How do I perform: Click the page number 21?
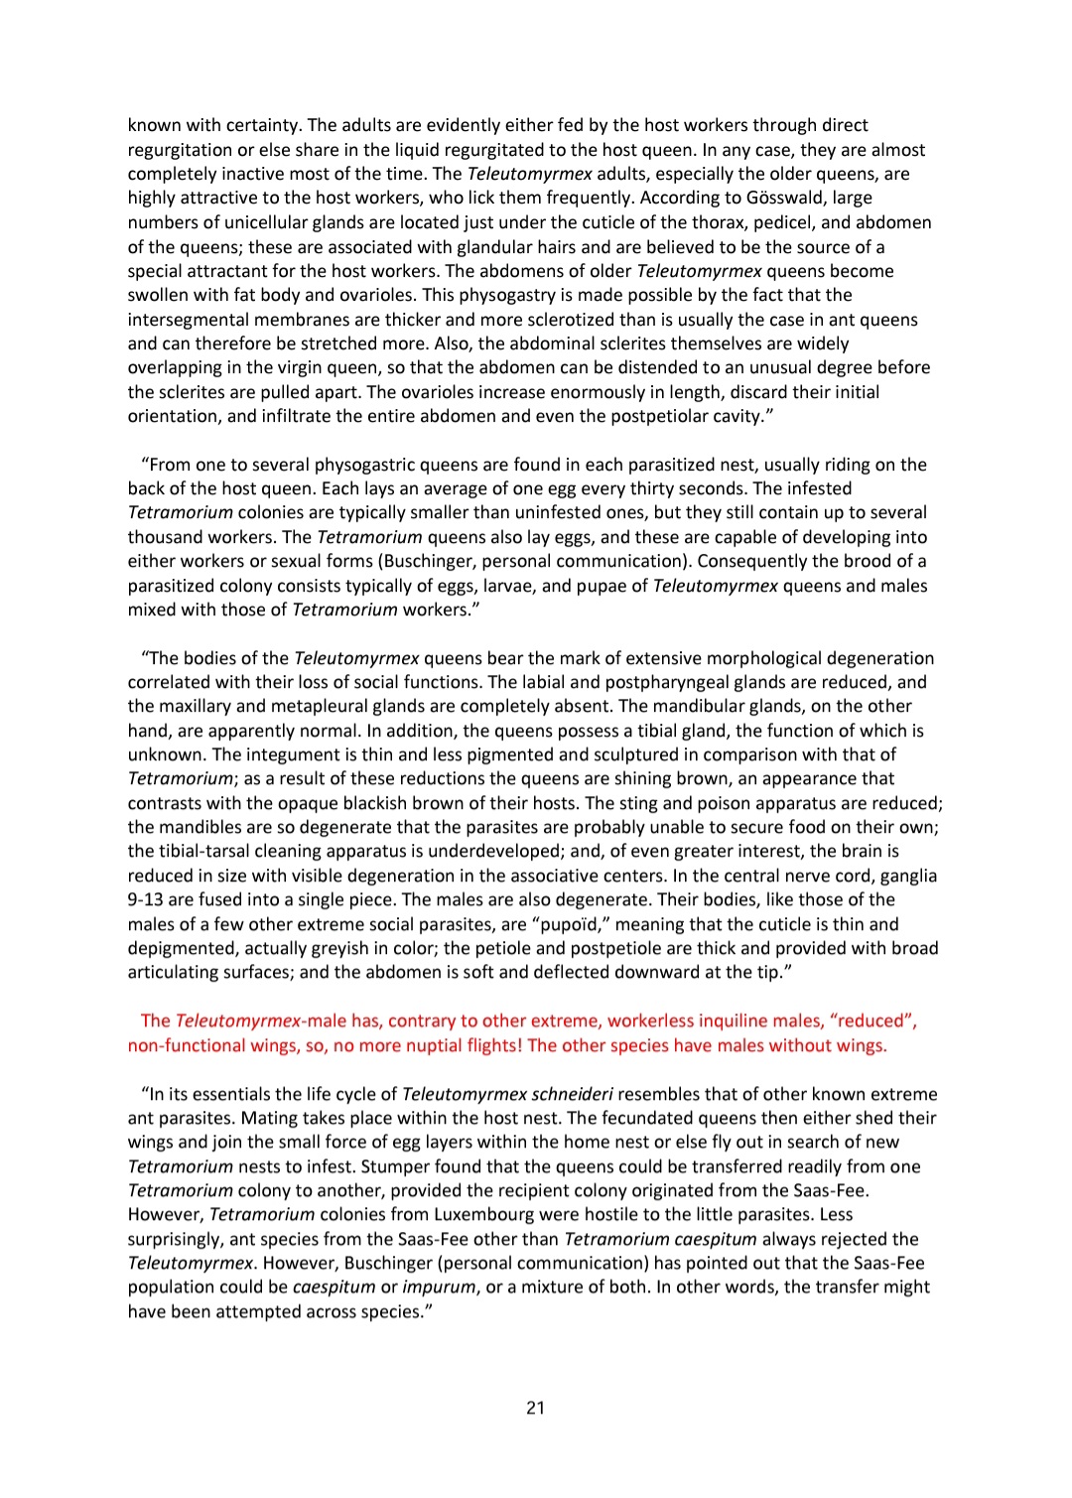click(535, 1408)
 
